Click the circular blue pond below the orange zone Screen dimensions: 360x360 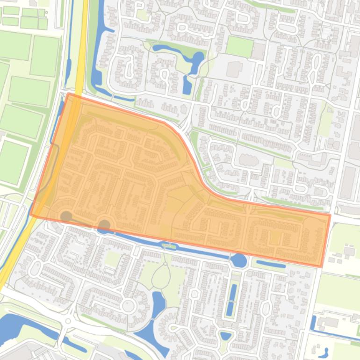239,260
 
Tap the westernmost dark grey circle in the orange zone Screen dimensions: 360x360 66,216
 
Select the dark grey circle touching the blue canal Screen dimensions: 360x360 104,226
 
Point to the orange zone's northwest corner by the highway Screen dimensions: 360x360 69,94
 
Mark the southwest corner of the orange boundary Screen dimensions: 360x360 30,215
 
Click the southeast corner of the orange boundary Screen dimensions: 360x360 322,266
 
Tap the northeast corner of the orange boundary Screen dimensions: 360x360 330,215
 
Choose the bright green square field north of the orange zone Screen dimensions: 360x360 239,46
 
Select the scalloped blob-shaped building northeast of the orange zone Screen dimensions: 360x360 249,160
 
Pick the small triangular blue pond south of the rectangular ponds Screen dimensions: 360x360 226,335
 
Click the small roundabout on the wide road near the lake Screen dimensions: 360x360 68,321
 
